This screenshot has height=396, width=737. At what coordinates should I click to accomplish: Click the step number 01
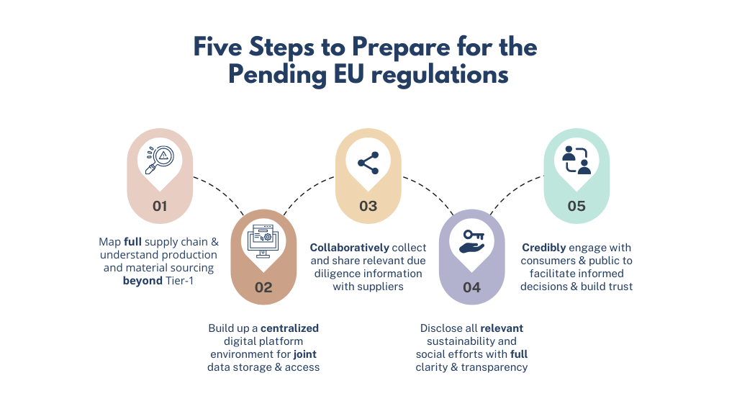[160, 206]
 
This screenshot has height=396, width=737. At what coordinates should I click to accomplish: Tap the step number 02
[263, 287]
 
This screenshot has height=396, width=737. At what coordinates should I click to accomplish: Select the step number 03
[368, 206]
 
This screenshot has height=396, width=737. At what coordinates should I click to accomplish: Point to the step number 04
[471, 287]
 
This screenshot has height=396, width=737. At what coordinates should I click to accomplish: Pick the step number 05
[576, 206]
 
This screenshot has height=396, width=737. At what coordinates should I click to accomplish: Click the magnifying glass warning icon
[160, 160]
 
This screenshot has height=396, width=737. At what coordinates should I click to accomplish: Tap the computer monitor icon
[263, 240]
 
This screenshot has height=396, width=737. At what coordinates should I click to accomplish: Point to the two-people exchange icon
[576, 161]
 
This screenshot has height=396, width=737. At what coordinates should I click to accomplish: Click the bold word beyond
[143, 281]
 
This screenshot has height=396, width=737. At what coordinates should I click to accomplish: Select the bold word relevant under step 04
[502, 328]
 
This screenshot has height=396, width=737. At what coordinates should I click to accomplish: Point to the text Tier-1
[181, 281]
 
